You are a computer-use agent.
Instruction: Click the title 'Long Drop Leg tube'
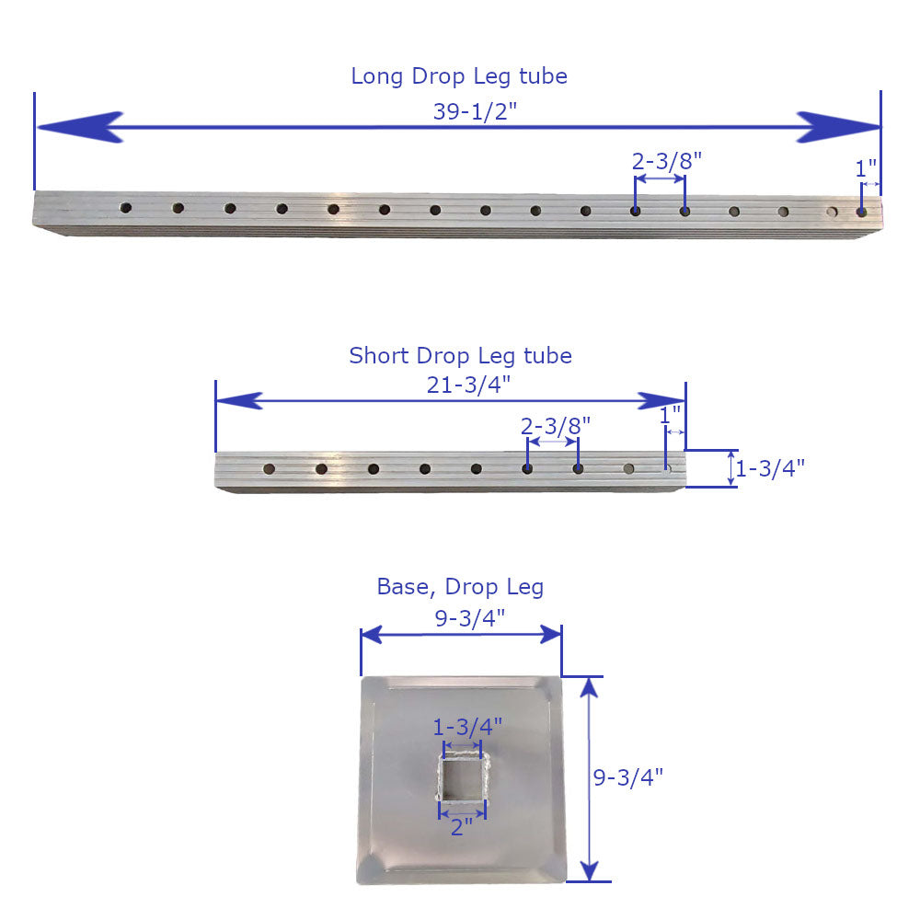[x=458, y=76]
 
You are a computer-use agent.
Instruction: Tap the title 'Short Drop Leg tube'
[x=460, y=355]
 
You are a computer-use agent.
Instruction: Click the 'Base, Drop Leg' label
[x=460, y=587]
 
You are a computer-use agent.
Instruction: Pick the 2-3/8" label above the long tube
[x=667, y=160]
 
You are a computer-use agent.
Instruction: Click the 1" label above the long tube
[x=866, y=169]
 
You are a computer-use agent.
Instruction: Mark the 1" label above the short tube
[x=671, y=415]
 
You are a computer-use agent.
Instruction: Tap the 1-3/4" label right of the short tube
[x=771, y=467]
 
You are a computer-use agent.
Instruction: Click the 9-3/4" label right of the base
[x=628, y=777]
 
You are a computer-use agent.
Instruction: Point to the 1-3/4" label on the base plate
[x=467, y=727]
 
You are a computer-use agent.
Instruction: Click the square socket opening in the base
[x=462, y=779]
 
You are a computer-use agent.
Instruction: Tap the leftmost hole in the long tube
[x=126, y=208]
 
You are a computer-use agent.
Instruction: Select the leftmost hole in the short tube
[x=269, y=468]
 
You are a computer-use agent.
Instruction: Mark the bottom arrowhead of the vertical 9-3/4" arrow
[x=590, y=868]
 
